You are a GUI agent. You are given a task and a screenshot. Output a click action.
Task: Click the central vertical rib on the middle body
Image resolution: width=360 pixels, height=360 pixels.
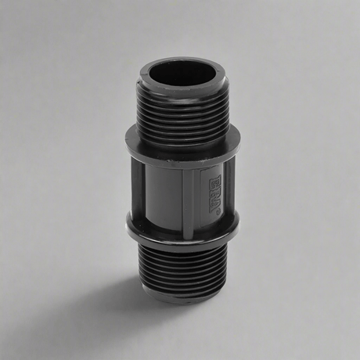point(188,192)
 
